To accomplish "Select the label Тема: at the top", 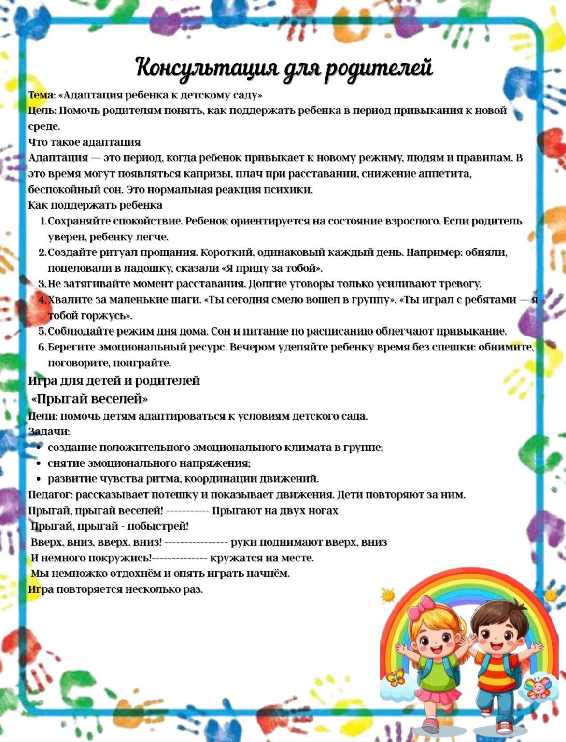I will pyautogui.click(x=42, y=95).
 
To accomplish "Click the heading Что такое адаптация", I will pyautogui.click(x=85, y=142).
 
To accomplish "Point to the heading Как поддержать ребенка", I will pyautogui.click(x=95, y=205).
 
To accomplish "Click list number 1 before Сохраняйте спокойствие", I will pyautogui.click(x=42, y=221).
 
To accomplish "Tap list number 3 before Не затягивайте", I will pyautogui.click(x=42, y=284).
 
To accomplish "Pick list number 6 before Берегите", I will pyautogui.click(x=42, y=347).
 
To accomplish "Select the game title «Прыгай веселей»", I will pyautogui.click(x=89, y=399).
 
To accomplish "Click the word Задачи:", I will pyautogui.click(x=49, y=431).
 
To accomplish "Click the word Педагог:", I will pyautogui.click(x=50, y=495).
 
